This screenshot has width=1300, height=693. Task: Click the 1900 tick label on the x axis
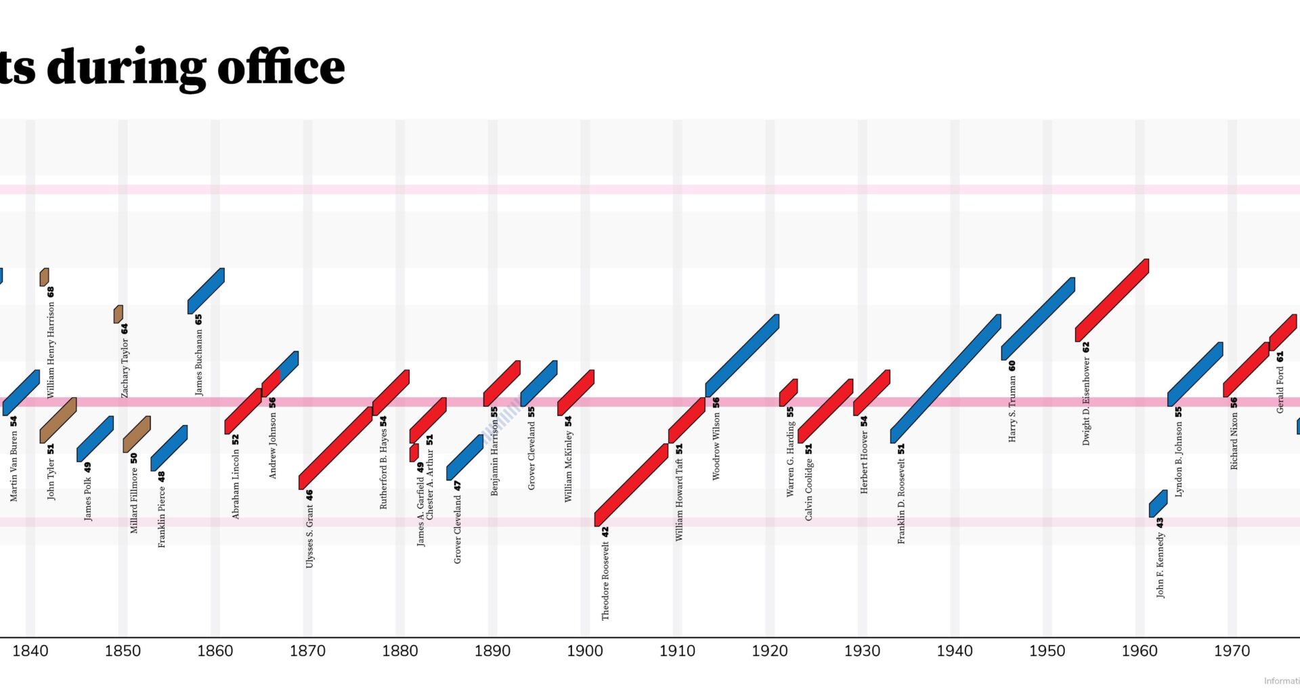pos(584,651)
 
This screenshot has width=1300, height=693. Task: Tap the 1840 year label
pos(30,651)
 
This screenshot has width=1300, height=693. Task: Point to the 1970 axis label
pos(1232,651)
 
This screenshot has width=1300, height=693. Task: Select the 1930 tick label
pos(862,651)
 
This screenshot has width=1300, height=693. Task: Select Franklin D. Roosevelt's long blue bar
pos(945,379)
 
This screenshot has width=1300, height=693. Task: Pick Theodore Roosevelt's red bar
pos(631,485)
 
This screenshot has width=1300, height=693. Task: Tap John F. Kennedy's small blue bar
pos(1158,504)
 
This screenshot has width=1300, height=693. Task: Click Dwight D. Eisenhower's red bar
pos(1112,300)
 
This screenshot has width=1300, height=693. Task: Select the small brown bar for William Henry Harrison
pos(44,277)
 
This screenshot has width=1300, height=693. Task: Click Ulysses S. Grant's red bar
pos(335,448)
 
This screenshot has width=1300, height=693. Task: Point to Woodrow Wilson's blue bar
pos(742,355)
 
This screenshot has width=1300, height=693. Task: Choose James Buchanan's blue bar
pos(206,291)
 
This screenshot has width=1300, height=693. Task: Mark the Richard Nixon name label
pos(1234,439)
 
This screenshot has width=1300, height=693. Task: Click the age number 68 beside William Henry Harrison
pos(51,292)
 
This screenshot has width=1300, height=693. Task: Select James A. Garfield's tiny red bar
pos(414,453)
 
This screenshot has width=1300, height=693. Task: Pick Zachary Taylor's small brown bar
pos(118,314)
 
